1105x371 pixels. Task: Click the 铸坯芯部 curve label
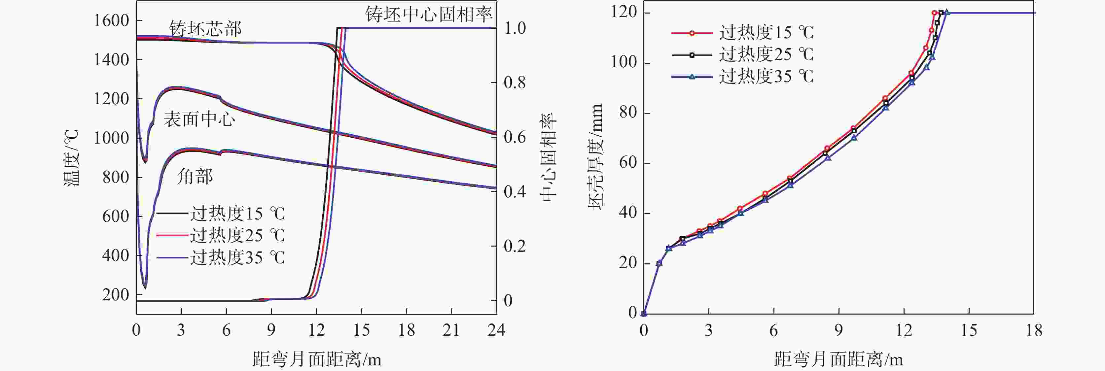(205, 29)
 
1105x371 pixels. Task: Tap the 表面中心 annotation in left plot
(199, 119)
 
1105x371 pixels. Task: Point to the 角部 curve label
(195, 176)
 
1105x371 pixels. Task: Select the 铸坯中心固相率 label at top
(429, 15)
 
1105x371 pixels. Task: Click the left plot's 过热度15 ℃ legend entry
(237, 213)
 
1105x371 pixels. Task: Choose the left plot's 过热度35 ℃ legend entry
(237, 257)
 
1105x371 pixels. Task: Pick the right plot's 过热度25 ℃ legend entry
(766, 54)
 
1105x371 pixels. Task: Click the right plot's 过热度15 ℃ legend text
(766, 33)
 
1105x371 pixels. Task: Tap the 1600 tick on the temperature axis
(112, 20)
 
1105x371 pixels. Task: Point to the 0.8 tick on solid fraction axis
(515, 82)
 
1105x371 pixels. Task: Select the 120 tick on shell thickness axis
(624, 12)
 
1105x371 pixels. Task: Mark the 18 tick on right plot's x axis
(1034, 330)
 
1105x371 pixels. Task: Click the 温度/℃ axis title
(71, 157)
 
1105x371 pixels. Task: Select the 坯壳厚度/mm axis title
(595, 156)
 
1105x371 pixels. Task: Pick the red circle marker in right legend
(692, 33)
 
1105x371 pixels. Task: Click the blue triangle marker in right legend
(692, 77)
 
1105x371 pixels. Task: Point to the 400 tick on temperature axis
(115, 255)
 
